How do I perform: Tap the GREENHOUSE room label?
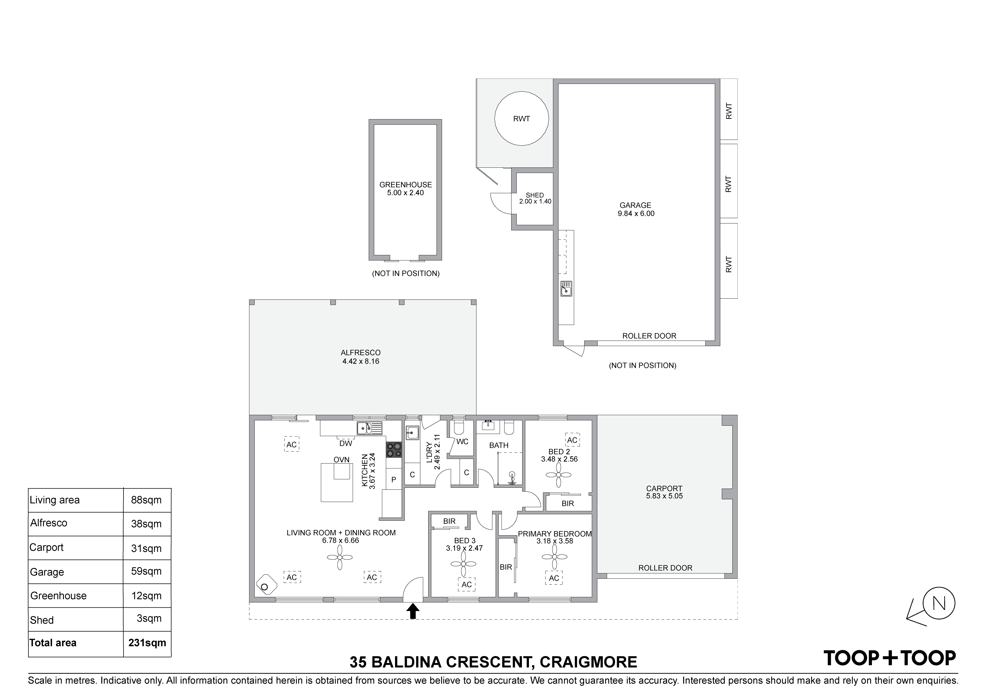coord(405,185)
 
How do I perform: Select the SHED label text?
coord(535,195)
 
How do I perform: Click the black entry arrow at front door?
coord(413,611)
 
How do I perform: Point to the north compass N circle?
coord(939,603)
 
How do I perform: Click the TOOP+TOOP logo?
coord(890,658)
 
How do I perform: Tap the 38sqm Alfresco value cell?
coord(146,524)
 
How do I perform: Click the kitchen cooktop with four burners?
coord(394,450)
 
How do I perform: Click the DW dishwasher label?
coord(346,443)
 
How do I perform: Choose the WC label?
coord(462,442)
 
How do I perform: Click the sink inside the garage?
coord(566,288)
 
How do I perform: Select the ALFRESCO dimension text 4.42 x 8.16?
coord(361,361)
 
